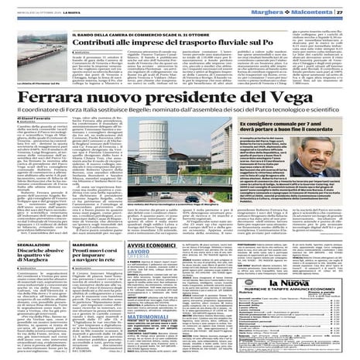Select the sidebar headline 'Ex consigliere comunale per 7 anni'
[x=298, y=132]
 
